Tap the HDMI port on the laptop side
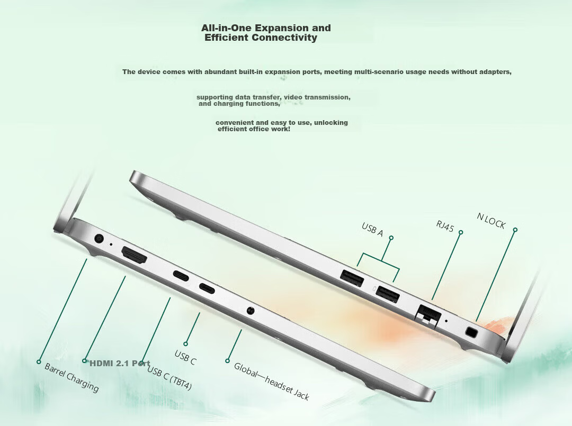tap(134, 255)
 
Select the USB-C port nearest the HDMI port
tap(181, 276)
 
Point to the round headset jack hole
tap(250, 311)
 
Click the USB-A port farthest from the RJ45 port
tap(352, 278)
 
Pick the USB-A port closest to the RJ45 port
tap(388, 294)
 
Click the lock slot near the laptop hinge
tap(472, 332)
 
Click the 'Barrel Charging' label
tap(71, 377)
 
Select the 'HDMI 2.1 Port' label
tap(120, 364)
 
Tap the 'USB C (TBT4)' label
tap(169, 377)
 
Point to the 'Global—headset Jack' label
tap(271, 381)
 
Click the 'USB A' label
tap(372, 229)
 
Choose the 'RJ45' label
tap(445, 226)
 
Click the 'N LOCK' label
tap(491, 221)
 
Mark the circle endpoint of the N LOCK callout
tap(515, 230)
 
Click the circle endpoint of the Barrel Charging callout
tap(39, 362)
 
